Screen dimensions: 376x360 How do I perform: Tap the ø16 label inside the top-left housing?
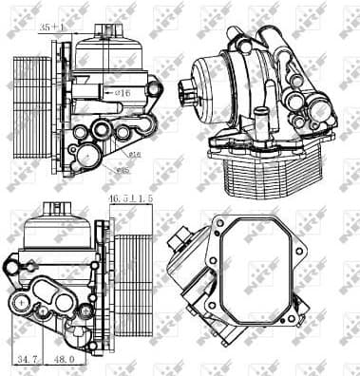click(123, 93)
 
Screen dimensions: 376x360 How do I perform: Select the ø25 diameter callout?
click(122, 171)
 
